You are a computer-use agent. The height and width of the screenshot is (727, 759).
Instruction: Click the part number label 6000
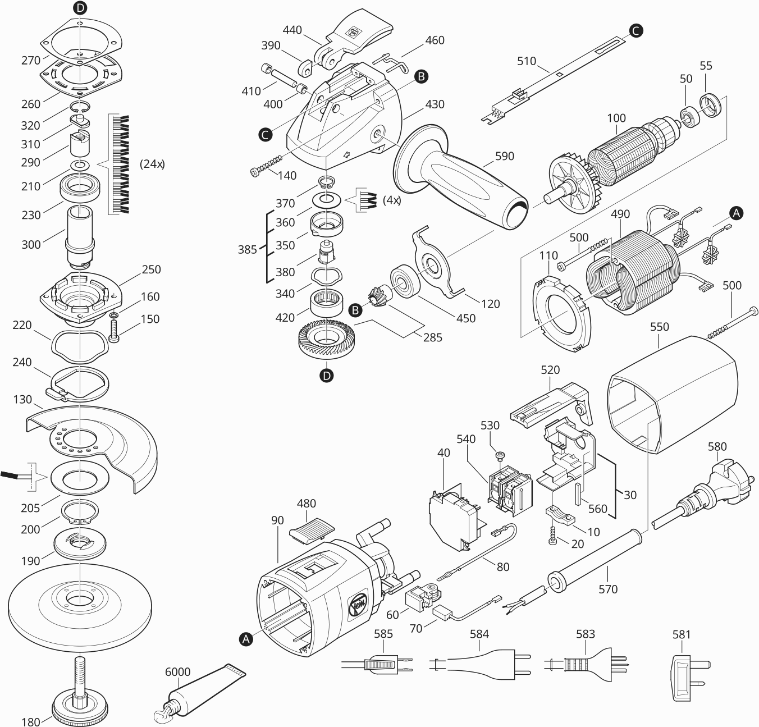pyautogui.click(x=177, y=672)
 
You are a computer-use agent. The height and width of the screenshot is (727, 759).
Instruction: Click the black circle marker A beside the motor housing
pyautogui.click(x=245, y=638)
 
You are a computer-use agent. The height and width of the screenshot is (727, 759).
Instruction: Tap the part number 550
pyautogui.click(x=659, y=326)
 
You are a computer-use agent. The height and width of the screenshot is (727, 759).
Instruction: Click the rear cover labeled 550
pyautogui.click(x=674, y=393)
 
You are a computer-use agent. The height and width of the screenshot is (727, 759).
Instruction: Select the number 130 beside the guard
pyautogui.click(x=22, y=399)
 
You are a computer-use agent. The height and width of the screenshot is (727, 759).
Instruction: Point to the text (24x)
pyautogui.click(x=152, y=164)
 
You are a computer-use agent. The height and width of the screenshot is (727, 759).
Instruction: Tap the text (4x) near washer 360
pyautogui.click(x=391, y=199)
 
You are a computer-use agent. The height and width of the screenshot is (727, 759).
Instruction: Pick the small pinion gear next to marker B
pyautogui.click(x=376, y=295)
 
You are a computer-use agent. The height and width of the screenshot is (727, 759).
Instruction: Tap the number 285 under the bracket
pyautogui.click(x=432, y=337)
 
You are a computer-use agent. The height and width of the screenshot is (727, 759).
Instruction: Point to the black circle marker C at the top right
pyautogui.click(x=635, y=31)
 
